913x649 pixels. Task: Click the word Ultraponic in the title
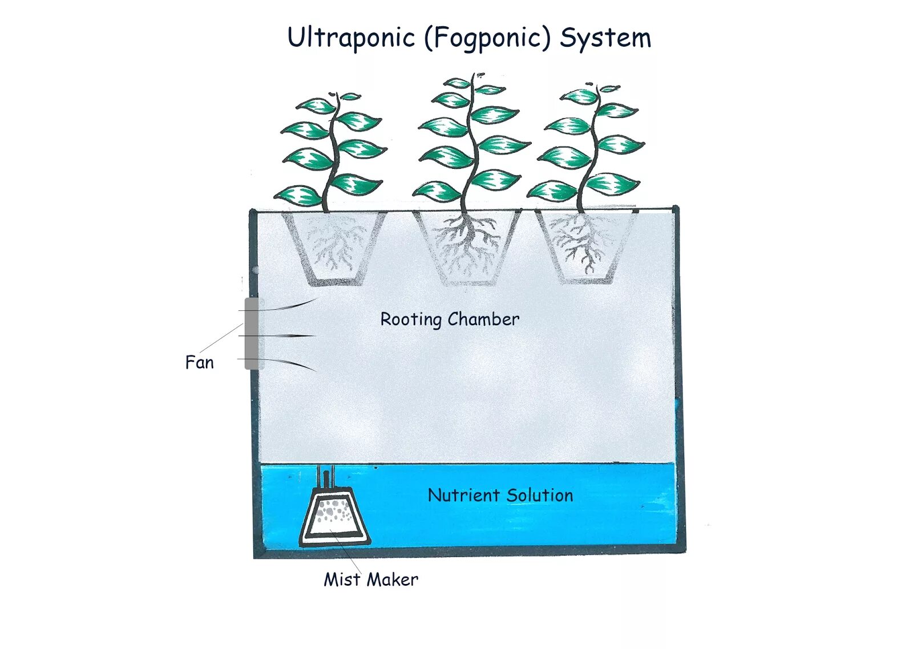pyautogui.click(x=351, y=38)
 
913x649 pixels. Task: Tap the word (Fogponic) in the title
pyautogui.click(x=487, y=38)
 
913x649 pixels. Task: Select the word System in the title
pyautogui.click(x=605, y=38)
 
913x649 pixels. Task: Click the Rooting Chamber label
pyautogui.click(x=450, y=319)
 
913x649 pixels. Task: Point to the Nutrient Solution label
pyautogui.click(x=500, y=495)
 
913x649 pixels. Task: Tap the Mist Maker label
pyautogui.click(x=371, y=579)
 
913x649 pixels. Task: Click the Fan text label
pyautogui.click(x=199, y=363)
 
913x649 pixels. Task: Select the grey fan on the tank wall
pyautogui.click(x=252, y=334)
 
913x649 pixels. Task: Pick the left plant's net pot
pyautogui.click(x=334, y=249)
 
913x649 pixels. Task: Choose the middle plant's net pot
pyautogui.click(x=467, y=249)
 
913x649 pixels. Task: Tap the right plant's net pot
pyautogui.click(x=585, y=248)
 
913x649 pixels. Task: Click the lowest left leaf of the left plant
pyautogui.click(x=298, y=196)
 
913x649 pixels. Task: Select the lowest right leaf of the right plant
pyautogui.click(x=612, y=184)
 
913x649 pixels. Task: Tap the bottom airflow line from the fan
pyautogui.click(x=291, y=364)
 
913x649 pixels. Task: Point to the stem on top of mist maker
pyautogui.click(x=325, y=478)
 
